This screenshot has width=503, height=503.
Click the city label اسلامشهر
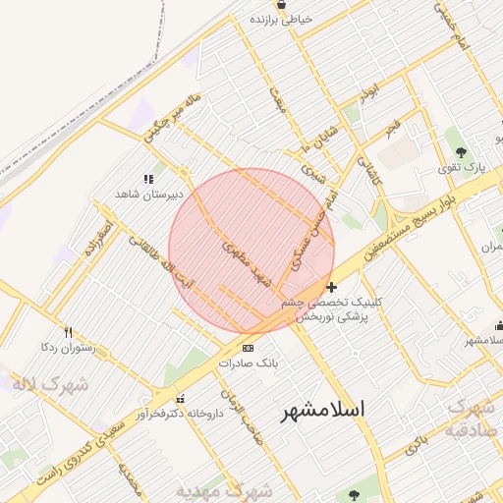coord(321,410)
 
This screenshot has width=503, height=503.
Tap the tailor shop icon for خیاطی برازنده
coord(282,5)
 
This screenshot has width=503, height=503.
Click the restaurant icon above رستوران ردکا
coord(68,332)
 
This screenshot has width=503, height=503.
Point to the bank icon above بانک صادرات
coord(248,348)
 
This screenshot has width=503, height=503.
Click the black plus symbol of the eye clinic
coord(332,288)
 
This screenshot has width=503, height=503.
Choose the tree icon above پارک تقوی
coord(462,151)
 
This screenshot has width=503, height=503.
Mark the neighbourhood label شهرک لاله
coord(51,383)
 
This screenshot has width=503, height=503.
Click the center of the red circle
coord(251,251)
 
